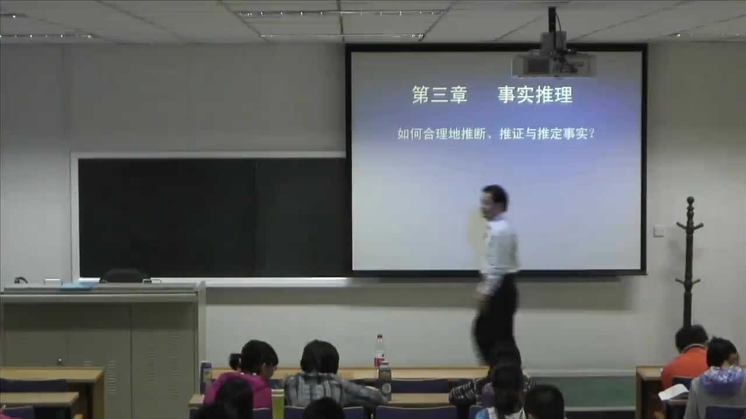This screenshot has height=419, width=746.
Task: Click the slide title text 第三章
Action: click(439, 95)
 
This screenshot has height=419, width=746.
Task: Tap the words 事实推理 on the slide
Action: click(535, 95)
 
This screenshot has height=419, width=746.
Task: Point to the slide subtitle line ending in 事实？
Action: click(496, 134)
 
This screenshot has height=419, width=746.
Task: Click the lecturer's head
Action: click(494, 200)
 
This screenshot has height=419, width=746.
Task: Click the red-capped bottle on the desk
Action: click(379, 350)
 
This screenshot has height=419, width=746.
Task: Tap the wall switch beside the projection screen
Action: click(659, 230)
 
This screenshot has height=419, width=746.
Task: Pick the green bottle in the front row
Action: click(277, 403)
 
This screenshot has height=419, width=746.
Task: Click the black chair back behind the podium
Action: click(124, 275)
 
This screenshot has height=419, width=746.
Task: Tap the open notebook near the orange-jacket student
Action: click(673, 392)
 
